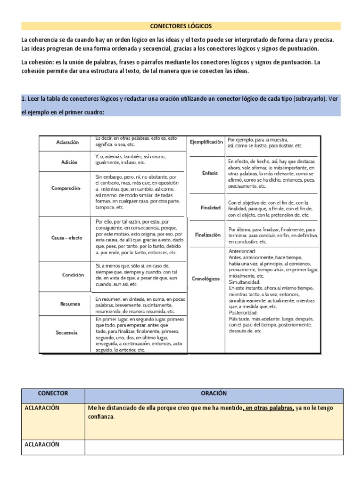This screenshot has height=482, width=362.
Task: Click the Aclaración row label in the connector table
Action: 67,142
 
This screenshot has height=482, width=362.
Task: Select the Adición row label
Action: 69,161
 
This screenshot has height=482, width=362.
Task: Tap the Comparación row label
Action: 66,188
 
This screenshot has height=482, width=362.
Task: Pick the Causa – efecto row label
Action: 66,238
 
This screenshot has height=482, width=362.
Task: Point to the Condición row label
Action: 73,275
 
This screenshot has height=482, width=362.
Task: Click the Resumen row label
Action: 70,304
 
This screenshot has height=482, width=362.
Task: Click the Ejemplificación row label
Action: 206,142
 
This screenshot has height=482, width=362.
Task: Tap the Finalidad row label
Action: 210,208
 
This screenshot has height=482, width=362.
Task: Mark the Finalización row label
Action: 207,235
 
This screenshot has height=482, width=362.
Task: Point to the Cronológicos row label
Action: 206,279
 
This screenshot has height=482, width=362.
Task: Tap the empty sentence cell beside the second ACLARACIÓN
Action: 214,447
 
